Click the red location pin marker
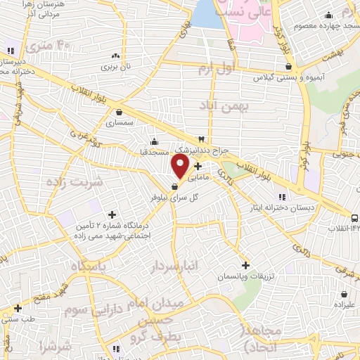[181, 166]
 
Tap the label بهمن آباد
[224, 107]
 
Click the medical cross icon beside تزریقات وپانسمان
[245, 265]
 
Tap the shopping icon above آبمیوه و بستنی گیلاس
[288, 66]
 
